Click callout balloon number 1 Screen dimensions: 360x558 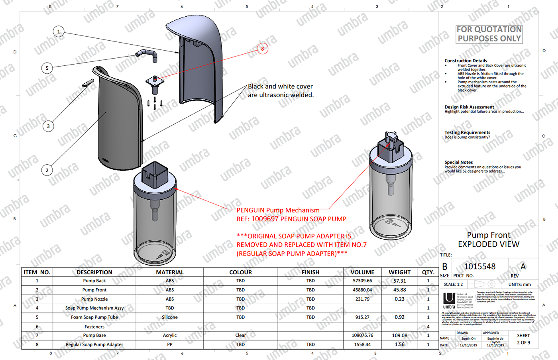click(x=59, y=31)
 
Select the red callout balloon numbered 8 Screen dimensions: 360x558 click(x=262, y=49)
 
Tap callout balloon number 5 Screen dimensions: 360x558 click(x=47, y=68)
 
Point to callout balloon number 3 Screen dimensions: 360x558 click(x=48, y=126)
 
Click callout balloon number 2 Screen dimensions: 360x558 click(x=47, y=170)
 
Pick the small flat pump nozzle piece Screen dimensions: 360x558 click(x=88, y=83)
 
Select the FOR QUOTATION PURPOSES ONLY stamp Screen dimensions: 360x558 click(x=489, y=34)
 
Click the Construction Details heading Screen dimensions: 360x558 click(x=466, y=61)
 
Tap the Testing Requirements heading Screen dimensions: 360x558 click(x=467, y=132)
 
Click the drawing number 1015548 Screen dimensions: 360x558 click(x=479, y=266)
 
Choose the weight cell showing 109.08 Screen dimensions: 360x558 click(x=399, y=335)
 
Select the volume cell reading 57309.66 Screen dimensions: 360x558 click(x=362, y=281)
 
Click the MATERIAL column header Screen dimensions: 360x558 click(x=170, y=272)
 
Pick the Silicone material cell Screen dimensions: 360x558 click(x=170, y=317)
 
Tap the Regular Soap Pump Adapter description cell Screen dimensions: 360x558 click(x=94, y=344)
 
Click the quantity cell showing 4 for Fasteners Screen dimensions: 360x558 click(x=428, y=327)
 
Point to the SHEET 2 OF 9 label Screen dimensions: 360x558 click(x=523, y=339)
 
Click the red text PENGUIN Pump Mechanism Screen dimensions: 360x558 click(x=278, y=210)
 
